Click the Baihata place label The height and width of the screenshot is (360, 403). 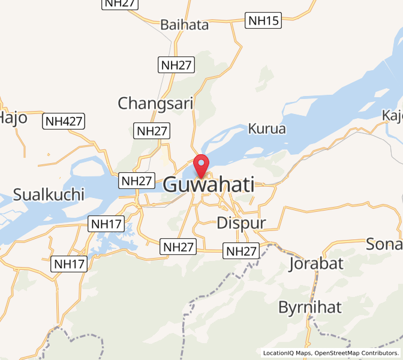pyautogui.click(x=184, y=25)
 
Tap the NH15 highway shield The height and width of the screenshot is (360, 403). pyautogui.click(x=263, y=21)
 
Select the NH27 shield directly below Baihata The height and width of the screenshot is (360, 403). pyautogui.click(x=176, y=65)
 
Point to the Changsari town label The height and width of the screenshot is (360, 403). pyautogui.click(x=155, y=103)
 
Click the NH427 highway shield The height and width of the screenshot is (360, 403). pyautogui.click(x=64, y=122)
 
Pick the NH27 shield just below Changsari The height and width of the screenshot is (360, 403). pyautogui.click(x=152, y=131)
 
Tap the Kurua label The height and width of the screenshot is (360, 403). pyautogui.click(x=267, y=128)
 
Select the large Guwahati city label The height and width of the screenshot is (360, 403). pyautogui.click(x=208, y=185)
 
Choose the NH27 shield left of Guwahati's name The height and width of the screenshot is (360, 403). pyautogui.click(x=136, y=181)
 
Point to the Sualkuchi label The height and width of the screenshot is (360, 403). pyautogui.click(x=49, y=194)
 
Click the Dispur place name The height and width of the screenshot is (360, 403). pyautogui.click(x=240, y=222)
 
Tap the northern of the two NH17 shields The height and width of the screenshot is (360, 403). pyautogui.click(x=106, y=225)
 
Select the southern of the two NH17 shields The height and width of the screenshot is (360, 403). pyautogui.click(x=70, y=264)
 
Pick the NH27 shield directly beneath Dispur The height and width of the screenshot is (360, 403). pyautogui.click(x=240, y=251)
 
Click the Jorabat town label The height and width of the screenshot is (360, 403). pyautogui.click(x=315, y=263)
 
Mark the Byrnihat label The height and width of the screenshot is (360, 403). pyautogui.click(x=309, y=307)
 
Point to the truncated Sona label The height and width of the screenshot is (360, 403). pyautogui.click(x=384, y=244)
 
